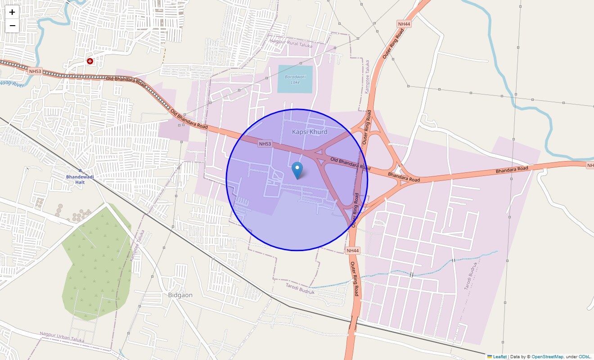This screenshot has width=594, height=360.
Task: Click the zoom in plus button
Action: [12, 12]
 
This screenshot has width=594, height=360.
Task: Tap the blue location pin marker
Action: [297, 170]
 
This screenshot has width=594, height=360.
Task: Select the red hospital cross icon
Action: [90, 61]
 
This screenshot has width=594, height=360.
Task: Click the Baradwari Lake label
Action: [295, 79]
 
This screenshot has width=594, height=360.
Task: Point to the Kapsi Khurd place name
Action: [310, 132]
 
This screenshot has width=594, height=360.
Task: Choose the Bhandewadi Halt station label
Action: [80, 180]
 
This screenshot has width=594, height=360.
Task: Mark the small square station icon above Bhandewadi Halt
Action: [80, 171]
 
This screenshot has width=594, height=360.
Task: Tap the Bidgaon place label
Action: [180, 295]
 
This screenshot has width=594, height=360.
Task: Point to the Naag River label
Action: [12, 83]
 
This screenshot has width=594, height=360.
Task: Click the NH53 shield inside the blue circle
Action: [265, 144]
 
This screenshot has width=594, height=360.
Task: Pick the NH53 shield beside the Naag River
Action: [34, 71]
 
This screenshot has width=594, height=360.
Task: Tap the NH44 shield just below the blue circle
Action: [353, 250]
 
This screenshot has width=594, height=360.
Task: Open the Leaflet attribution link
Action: [499, 356]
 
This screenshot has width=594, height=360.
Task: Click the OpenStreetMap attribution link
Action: [547, 356]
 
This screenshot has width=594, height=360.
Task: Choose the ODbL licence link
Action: [585, 356]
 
